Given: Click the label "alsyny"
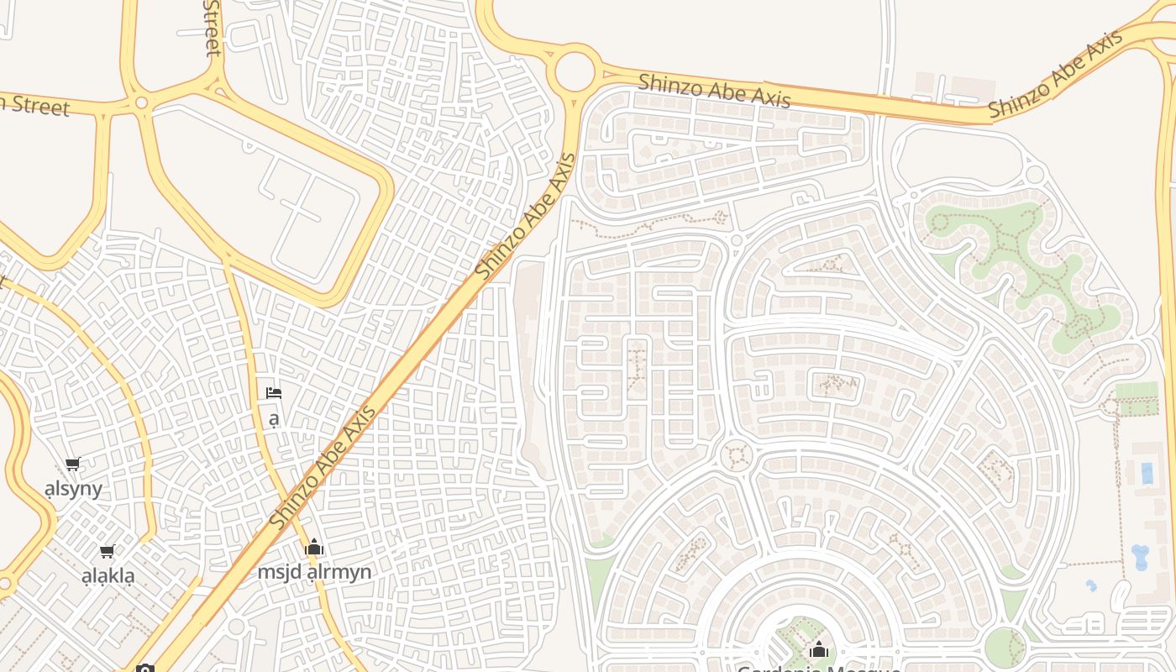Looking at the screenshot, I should click(73, 489).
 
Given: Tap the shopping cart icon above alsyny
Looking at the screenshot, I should click(73, 464).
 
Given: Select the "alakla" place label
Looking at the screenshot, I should click(108, 576).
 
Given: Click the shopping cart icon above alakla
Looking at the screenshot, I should click(107, 552).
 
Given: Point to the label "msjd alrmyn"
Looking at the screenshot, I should click(314, 572).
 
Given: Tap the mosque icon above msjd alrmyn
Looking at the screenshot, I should click(314, 548).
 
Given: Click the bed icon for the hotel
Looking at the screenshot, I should click(273, 392).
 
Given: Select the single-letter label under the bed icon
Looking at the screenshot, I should click(273, 417).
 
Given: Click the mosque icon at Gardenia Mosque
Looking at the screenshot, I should click(819, 649).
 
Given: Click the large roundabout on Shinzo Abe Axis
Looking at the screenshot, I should click(575, 70).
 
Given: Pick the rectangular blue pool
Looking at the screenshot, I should click(1147, 473).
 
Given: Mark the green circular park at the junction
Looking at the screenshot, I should click(1005, 647).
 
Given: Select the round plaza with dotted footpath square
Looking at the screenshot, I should click(738, 456).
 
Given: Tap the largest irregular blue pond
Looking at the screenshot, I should click(1140, 557).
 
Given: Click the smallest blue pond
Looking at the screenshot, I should click(1091, 585).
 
